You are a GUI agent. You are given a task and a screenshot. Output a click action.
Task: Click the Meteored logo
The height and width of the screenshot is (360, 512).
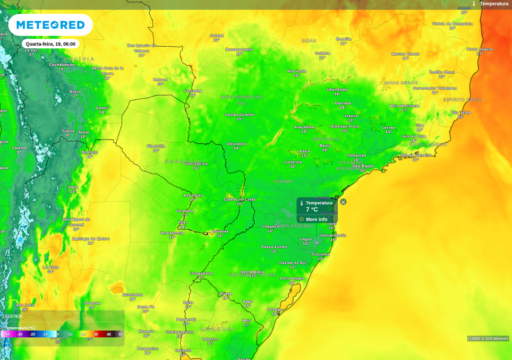pyautogui.click(x=50, y=25)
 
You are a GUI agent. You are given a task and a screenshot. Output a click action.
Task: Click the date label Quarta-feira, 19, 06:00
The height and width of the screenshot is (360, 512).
pyautogui.click(x=50, y=44)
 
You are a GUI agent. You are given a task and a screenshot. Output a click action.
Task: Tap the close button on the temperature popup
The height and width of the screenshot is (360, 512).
pyautogui.click(x=343, y=202)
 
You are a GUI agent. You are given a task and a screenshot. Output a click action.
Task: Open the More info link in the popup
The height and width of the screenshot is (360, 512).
pyautogui.click(x=316, y=219)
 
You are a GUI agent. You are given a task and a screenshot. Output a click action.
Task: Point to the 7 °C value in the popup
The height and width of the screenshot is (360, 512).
pyautogui.click(x=312, y=210)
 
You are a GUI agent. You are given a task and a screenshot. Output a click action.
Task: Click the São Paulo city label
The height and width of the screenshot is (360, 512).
pyautogui.click(x=363, y=166)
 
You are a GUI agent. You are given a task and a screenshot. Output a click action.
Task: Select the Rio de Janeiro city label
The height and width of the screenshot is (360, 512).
pyautogui.click(x=416, y=155)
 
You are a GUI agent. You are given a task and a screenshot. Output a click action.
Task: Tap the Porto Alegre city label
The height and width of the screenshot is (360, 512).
pyautogui.click(x=292, y=278)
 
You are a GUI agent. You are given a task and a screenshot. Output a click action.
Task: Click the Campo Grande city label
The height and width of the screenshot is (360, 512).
pyautogui.click(x=240, y=115)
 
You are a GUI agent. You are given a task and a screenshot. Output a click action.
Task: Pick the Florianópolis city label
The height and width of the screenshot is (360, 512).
pyautogui.click(x=333, y=235)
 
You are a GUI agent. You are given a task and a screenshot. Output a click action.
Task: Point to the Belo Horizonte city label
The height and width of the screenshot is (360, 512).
pyautogui.click(x=405, y=106)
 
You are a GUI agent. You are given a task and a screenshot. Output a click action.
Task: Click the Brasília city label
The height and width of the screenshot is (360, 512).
pyautogui.click(x=344, y=39)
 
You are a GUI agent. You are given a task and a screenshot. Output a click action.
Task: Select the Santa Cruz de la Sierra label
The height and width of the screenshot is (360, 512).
pyautogui.click(x=107, y=71)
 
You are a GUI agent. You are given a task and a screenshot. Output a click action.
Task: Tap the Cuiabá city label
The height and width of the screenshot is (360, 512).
pyautogui.click(x=217, y=36)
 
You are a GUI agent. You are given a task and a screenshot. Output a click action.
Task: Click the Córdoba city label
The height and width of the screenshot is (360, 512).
pyautogui.click(x=92, y=303)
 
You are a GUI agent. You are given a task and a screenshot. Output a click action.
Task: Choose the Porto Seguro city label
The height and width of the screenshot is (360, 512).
pyautogui.click(x=480, y=49)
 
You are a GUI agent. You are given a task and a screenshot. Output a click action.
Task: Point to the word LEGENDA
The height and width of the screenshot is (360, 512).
pyautogui.click(x=13, y=316)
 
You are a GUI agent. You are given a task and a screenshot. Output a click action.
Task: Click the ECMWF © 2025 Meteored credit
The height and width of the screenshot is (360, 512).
pyautogui.click(x=488, y=339)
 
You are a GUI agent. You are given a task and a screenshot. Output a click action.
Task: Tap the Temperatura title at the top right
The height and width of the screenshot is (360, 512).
pyautogui.click(x=494, y=4)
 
